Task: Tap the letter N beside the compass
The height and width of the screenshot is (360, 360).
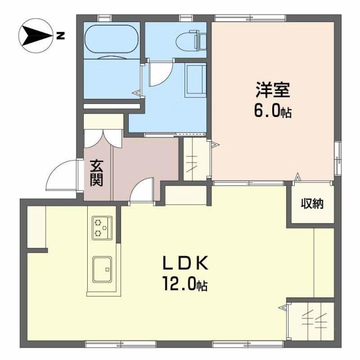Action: click(x=61, y=37)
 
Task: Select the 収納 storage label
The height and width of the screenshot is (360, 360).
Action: click(x=310, y=204)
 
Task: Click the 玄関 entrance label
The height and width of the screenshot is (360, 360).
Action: click(x=97, y=174)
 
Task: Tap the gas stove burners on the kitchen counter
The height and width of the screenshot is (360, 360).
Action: click(x=102, y=228)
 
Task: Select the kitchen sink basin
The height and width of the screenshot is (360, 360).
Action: click(x=102, y=269)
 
